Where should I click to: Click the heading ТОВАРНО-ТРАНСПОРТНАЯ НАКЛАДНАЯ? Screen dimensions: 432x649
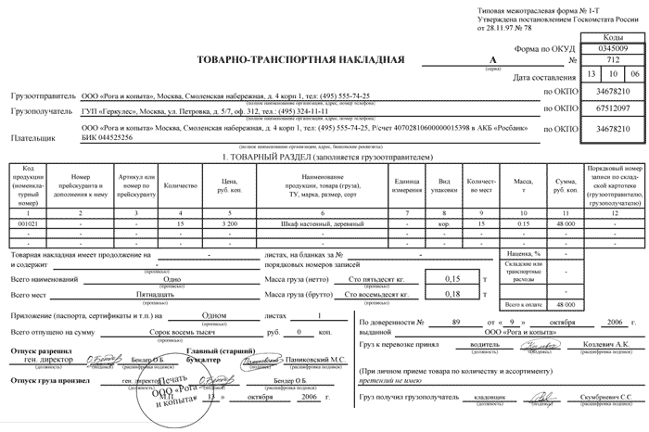click(x=301, y=61)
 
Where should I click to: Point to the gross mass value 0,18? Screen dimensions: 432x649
click(x=452, y=294)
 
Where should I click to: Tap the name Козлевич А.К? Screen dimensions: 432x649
click(x=607, y=342)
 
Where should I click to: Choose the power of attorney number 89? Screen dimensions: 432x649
click(x=453, y=321)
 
